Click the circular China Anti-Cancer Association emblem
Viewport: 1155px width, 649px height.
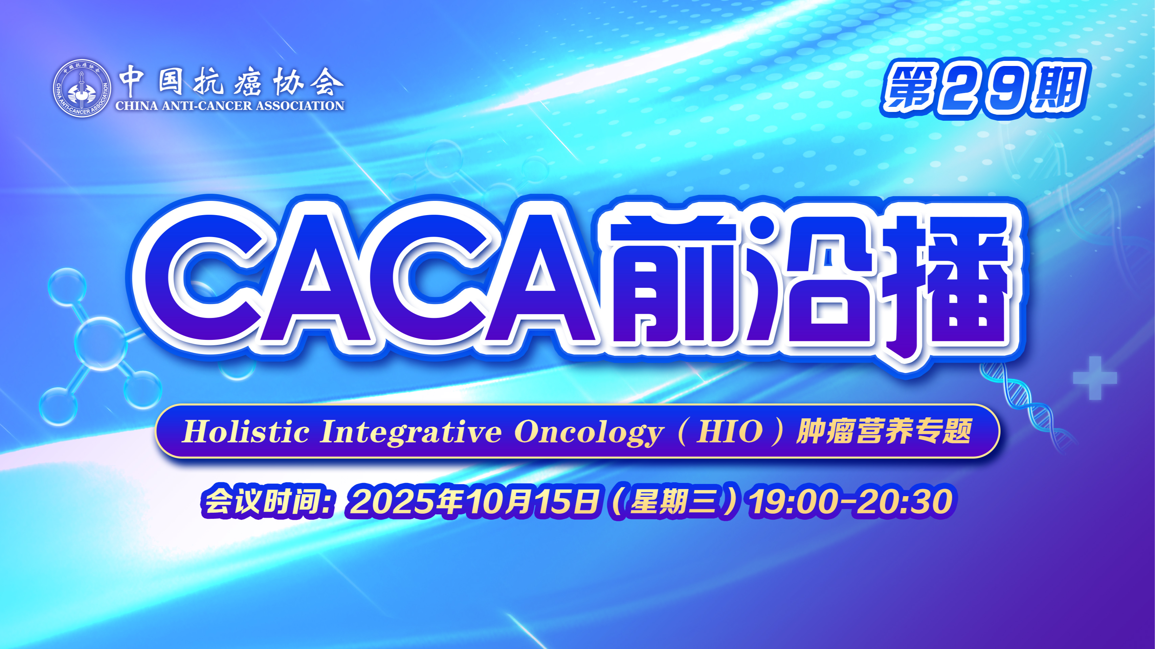(82, 88)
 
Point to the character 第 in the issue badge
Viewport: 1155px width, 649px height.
(911, 89)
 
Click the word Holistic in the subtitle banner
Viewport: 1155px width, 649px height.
(246, 432)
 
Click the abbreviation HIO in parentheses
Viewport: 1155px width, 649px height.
(730, 432)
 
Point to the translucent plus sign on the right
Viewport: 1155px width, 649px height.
(1095, 378)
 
